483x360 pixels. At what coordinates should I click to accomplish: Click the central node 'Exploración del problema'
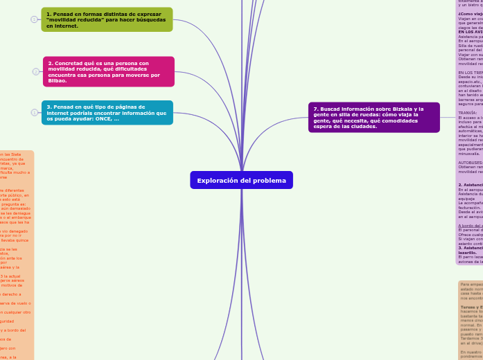[x=241, y=180]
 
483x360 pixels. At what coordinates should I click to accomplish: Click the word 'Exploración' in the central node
[x=218, y=180]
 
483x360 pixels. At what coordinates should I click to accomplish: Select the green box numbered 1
[x=109, y=19]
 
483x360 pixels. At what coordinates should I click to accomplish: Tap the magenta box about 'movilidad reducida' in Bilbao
[x=109, y=71]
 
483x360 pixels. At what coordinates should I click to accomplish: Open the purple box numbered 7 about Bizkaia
[x=374, y=116]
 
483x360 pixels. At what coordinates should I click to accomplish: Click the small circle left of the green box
[x=34, y=19]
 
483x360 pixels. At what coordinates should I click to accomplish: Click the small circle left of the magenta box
[x=36, y=71]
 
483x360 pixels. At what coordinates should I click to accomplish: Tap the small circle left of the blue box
[x=34, y=112]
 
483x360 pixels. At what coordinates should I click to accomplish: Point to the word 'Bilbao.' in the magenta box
[x=58, y=80]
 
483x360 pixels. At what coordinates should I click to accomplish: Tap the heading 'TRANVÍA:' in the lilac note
[x=469, y=112]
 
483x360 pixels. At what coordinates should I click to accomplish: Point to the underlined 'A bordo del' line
[x=470, y=225]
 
